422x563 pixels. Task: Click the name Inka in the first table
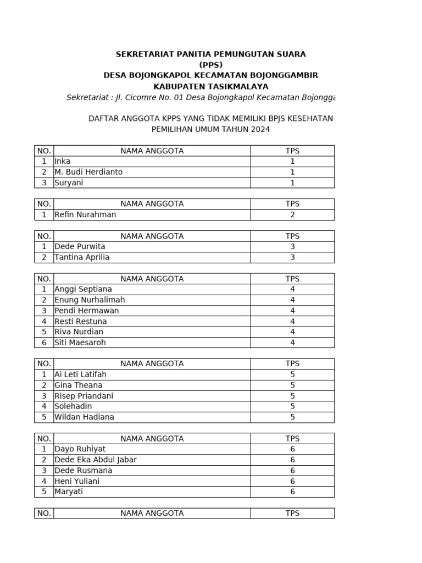pos(62,161)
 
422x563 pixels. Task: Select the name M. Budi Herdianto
pos(88,172)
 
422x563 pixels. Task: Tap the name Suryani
pos(69,183)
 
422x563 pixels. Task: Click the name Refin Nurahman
pos(85,214)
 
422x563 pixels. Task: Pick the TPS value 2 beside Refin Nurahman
pos(292,214)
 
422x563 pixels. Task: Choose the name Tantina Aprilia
pos(82,257)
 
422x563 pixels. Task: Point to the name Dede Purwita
pos(80,246)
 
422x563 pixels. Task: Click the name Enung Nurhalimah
pos(90,300)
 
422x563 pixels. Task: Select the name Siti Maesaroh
pos(80,343)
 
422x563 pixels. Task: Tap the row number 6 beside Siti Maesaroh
pos(44,343)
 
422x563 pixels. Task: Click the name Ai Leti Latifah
pos(80,374)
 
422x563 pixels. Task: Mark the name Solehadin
pos(73,406)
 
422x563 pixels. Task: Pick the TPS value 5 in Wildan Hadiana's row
pos(292,417)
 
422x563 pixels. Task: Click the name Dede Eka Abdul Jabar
pos(96,460)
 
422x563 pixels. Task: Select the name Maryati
pos(69,492)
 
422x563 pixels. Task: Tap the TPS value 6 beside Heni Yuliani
pos(292,481)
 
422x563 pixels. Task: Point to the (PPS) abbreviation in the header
pos(211,64)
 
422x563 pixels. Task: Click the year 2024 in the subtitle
pos(261,129)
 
